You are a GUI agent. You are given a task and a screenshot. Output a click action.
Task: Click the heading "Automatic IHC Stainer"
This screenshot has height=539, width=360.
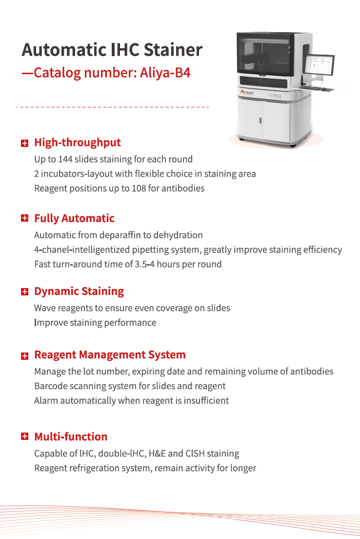tap(112, 50)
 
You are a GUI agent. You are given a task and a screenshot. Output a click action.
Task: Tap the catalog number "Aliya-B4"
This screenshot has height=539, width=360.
tap(165, 73)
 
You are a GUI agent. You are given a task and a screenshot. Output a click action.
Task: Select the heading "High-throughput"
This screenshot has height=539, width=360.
tap(77, 142)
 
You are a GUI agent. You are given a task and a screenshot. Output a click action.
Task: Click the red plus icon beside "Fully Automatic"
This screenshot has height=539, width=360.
tap(25, 218)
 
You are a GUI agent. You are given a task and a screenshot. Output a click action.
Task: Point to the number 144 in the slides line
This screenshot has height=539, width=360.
tap(65, 159)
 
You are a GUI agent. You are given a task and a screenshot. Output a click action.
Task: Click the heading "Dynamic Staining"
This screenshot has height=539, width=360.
tap(79, 291)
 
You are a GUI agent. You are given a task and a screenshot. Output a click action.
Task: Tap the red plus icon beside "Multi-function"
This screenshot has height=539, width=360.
tap(25, 436)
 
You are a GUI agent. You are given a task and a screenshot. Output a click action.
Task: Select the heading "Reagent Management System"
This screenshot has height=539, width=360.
tap(110, 355)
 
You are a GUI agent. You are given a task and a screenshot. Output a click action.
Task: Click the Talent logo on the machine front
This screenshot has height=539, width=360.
tap(247, 93)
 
